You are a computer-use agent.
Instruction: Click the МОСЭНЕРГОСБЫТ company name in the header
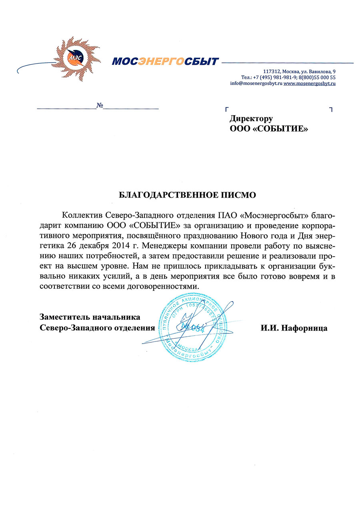point(165,62)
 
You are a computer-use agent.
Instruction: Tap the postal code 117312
point(272,71)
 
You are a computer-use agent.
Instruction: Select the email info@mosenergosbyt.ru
point(256,84)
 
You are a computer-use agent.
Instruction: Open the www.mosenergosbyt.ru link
point(309,84)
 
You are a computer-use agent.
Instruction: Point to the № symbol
point(100,106)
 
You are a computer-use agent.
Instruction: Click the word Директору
point(251,119)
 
